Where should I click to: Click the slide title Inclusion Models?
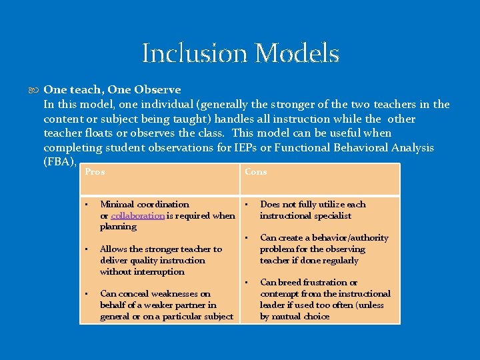click(241, 53)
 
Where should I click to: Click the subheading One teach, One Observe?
click(112, 89)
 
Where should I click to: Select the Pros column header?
click(95, 172)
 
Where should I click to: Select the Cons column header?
click(255, 172)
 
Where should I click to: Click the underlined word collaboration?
click(137, 215)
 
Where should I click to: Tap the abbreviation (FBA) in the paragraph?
click(59, 162)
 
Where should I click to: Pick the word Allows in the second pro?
click(114, 249)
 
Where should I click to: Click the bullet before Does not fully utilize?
click(246, 204)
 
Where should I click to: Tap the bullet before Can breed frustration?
click(246, 282)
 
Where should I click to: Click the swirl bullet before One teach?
click(35, 89)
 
